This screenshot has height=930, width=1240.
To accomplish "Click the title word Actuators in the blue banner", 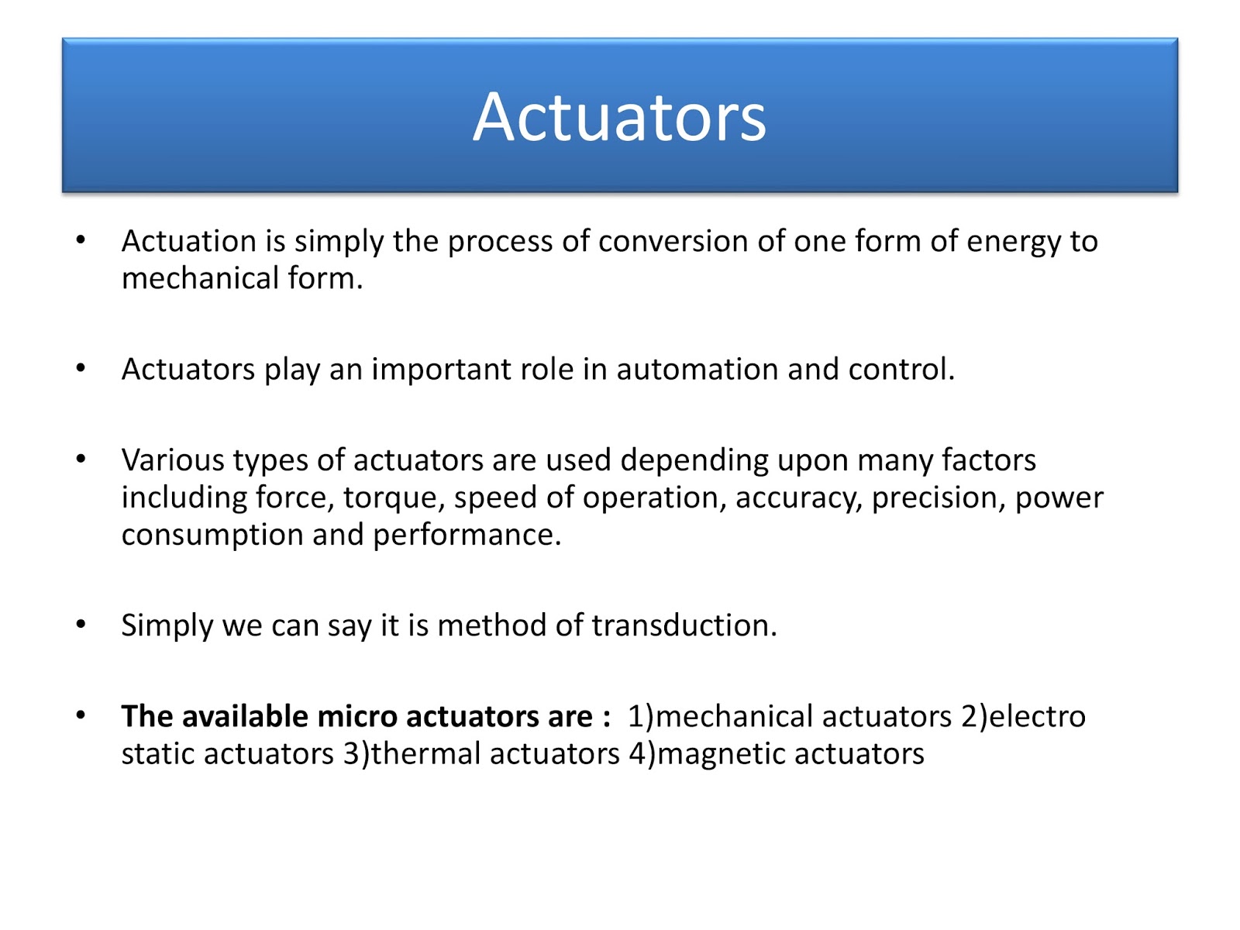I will pyautogui.click(x=619, y=117).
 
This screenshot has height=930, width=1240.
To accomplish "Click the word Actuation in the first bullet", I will pyautogui.click(x=188, y=241).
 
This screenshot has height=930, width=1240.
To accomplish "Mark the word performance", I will pyautogui.click(x=467, y=536).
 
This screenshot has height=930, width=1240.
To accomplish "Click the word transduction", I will pyautogui.click(x=684, y=625).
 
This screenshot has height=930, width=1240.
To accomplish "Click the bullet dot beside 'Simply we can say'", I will pyautogui.click(x=81, y=624).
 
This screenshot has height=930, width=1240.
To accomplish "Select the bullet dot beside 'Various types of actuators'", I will pyautogui.click(x=81, y=459).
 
